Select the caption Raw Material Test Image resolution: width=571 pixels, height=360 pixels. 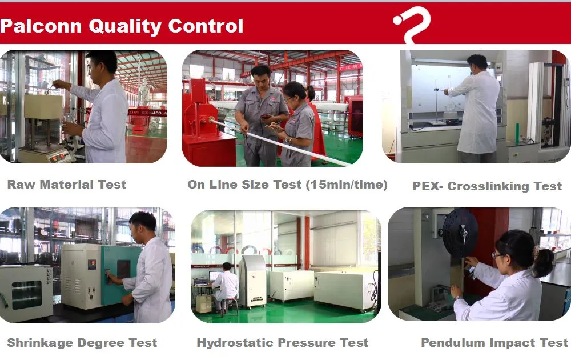tap(66, 185)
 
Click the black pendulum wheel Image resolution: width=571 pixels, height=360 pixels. tap(460, 233)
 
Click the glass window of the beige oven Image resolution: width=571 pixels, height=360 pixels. tap(26, 294)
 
